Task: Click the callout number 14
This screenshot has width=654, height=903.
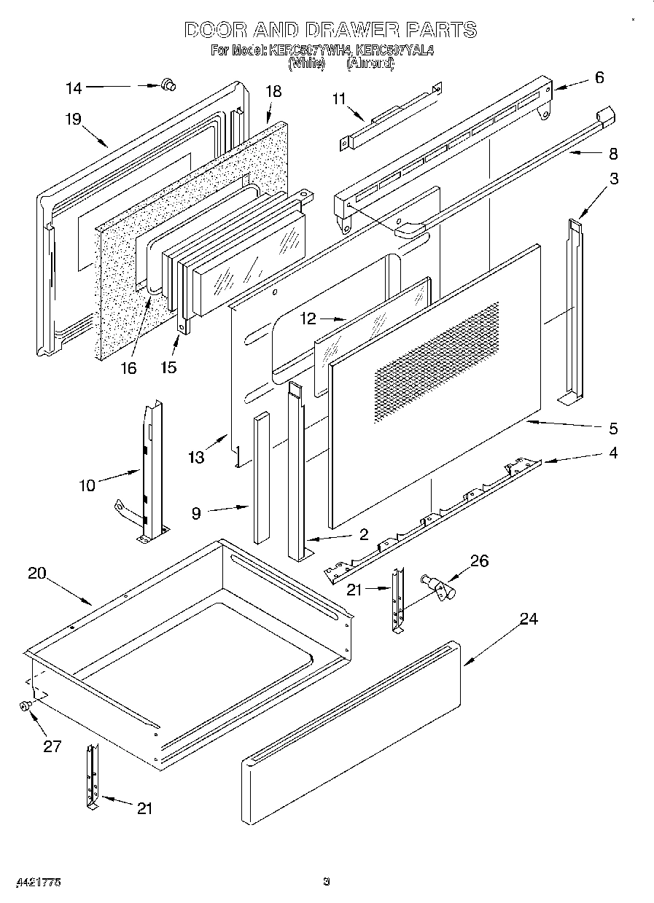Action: pyautogui.click(x=74, y=88)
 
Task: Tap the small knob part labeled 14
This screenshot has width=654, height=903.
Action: pyautogui.click(x=168, y=86)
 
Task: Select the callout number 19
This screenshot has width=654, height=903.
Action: pyautogui.click(x=73, y=120)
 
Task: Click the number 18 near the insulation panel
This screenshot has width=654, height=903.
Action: pyautogui.click(x=273, y=92)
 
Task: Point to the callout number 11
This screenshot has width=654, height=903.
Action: pyautogui.click(x=338, y=99)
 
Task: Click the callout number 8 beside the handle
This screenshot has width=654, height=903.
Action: pyautogui.click(x=612, y=154)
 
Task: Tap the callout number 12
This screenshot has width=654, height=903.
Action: pyautogui.click(x=309, y=318)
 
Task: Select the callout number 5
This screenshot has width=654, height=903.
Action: pyautogui.click(x=613, y=428)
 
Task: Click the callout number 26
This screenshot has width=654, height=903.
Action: pyautogui.click(x=480, y=560)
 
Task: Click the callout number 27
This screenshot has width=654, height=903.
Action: pyautogui.click(x=52, y=746)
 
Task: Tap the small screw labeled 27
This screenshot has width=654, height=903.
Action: pyautogui.click(x=26, y=705)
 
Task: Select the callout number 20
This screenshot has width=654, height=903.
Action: pyautogui.click(x=36, y=573)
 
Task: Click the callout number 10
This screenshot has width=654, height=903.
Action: pyautogui.click(x=87, y=485)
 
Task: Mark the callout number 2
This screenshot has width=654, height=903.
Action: pyautogui.click(x=363, y=535)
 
